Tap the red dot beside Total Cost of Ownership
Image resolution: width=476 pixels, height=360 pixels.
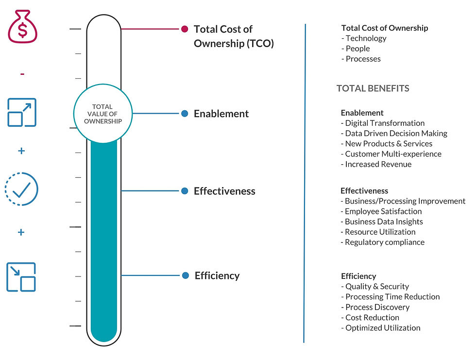click(185, 29)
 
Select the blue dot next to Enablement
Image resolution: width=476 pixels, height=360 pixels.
click(185, 114)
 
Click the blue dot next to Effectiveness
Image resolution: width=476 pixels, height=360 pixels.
click(185, 191)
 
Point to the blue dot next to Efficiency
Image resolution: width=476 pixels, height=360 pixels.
click(186, 275)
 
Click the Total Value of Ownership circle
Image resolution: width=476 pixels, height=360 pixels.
click(102, 114)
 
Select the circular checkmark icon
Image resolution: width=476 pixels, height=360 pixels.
click(21, 189)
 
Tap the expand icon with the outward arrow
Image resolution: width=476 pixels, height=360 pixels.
click(22, 112)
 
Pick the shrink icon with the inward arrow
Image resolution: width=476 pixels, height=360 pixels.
click(21, 277)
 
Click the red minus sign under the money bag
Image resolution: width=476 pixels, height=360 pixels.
click(22, 74)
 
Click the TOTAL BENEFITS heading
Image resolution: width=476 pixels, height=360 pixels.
click(373, 88)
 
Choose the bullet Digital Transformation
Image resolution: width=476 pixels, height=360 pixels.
click(383, 123)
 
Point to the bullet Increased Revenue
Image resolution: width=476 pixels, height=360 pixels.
click(376, 164)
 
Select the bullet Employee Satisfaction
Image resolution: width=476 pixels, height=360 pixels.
click(381, 211)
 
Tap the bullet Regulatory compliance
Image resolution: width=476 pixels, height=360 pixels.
click(383, 242)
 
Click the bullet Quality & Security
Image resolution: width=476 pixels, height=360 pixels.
click(375, 287)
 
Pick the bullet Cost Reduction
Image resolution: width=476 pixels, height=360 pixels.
click(370, 317)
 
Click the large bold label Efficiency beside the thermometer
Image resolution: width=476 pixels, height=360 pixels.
click(217, 275)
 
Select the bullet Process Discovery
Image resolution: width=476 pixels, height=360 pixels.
click(375, 307)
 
